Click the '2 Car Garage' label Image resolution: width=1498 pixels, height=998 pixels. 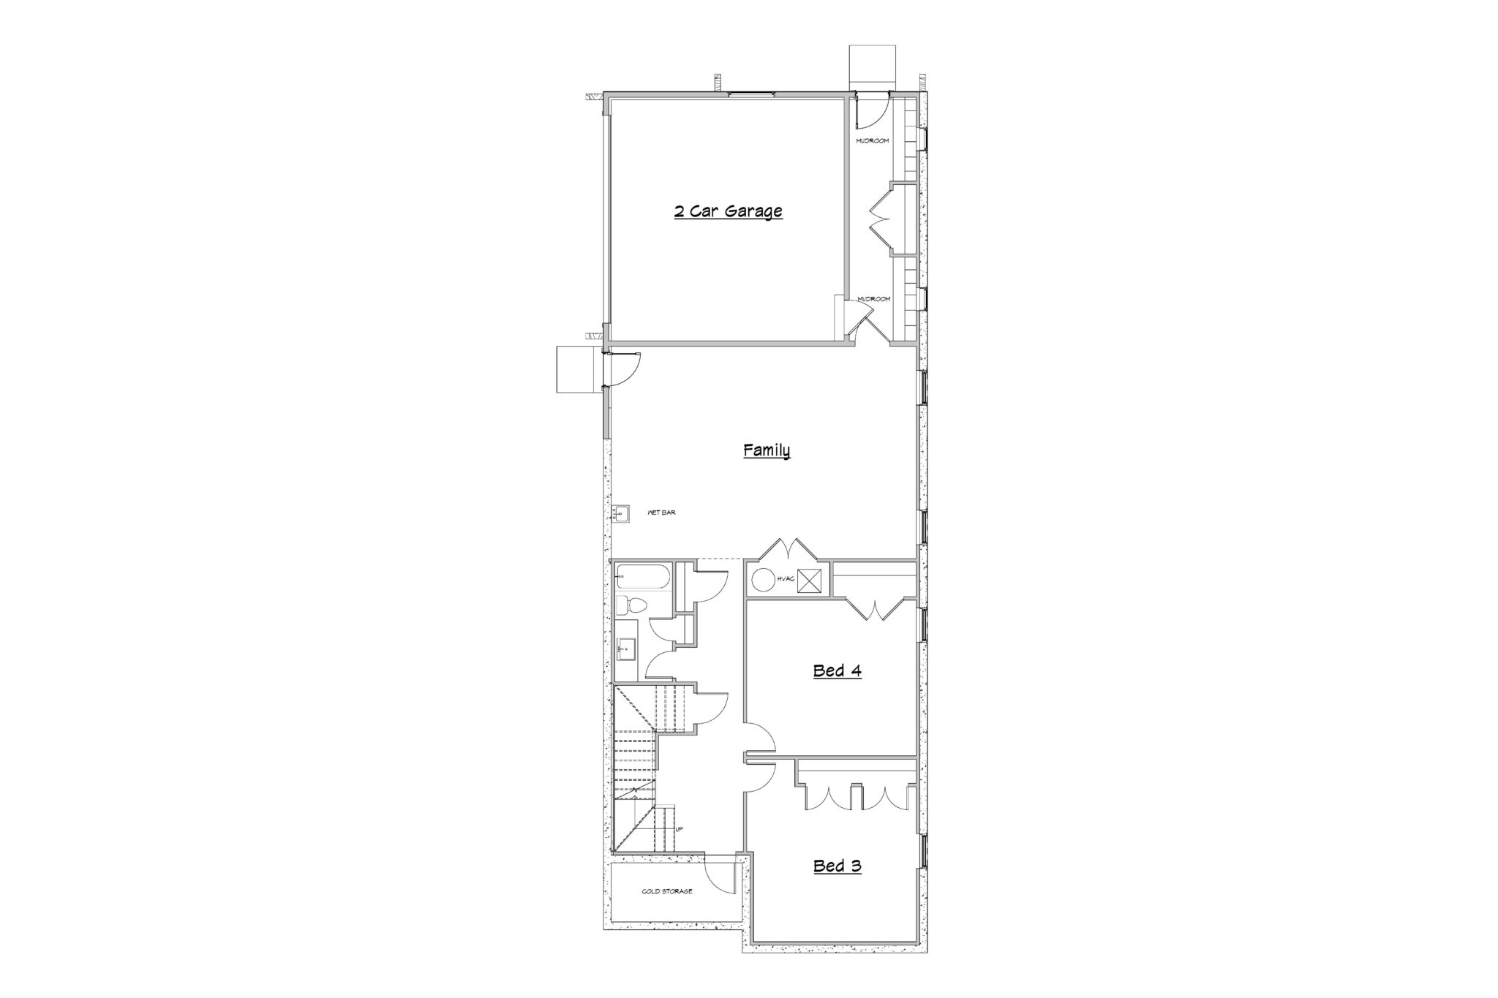(x=728, y=212)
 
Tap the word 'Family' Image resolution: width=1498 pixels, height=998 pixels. (x=767, y=450)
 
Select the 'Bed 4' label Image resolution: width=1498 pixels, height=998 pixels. (x=837, y=670)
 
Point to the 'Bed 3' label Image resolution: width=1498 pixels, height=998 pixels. (x=837, y=866)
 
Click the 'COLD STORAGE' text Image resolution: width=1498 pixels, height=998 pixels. (x=666, y=891)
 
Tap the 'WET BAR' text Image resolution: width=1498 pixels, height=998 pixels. (x=661, y=513)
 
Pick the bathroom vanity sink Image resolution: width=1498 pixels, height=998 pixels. (x=624, y=648)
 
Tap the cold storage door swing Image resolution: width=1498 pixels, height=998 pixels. (x=719, y=875)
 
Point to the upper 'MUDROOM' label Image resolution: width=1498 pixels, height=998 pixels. (x=873, y=140)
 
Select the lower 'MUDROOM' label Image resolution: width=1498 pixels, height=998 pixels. (x=873, y=299)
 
